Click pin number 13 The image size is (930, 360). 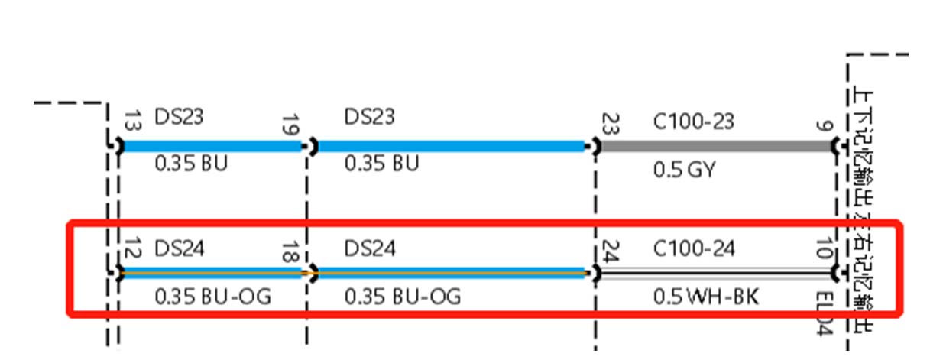pos(131,121)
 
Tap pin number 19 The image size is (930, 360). pos(290,124)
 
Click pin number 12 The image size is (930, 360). pos(131,248)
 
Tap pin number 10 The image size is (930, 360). pos(823,249)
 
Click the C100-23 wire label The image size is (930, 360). pos(693,121)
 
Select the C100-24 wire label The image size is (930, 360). pos(694,248)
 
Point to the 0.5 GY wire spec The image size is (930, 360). pos(685,170)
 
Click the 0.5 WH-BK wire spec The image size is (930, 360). pos(706,296)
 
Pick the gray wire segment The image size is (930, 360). pos(715,145)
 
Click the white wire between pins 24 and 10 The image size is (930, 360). pos(715,273)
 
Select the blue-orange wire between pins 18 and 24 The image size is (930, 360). pos(451,272)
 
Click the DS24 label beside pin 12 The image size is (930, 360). pos(180,248)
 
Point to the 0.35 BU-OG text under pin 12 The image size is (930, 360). pos(212,296)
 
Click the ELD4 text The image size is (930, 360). pos(824,313)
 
